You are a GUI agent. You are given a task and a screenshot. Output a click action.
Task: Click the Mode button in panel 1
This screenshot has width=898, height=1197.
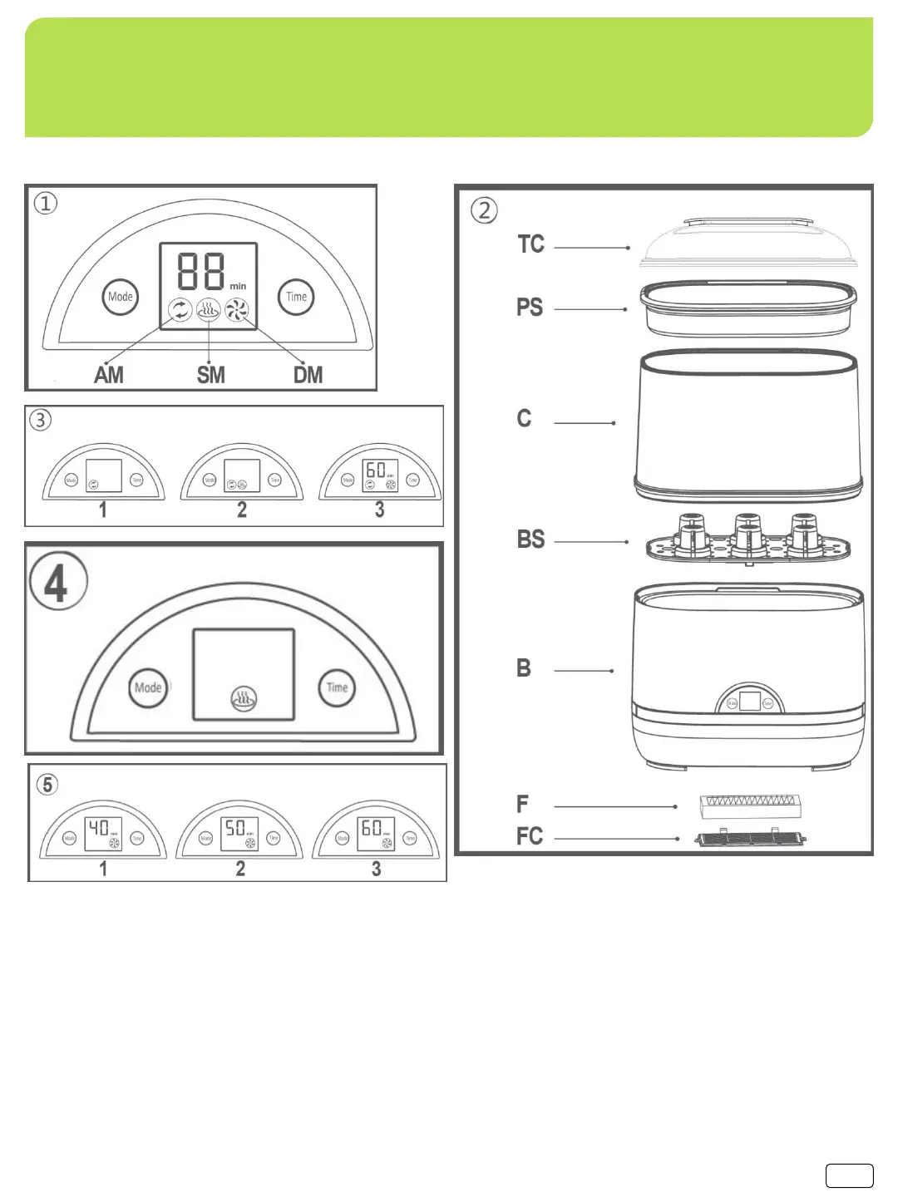(x=121, y=297)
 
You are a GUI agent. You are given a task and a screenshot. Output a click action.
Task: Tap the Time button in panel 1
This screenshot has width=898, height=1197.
(x=296, y=297)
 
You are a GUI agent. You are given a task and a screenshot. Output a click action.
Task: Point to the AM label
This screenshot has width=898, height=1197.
(x=109, y=375)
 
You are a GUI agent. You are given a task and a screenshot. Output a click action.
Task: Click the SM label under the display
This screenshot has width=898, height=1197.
(x=210, y=375)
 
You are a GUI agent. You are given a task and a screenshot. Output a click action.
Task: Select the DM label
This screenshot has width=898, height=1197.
(x=308, y=375)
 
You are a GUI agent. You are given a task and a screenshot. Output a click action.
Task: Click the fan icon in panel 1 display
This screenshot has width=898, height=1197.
(x=237, y=311)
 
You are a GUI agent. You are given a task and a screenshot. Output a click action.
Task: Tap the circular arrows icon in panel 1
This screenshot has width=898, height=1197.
(x=180, y=311)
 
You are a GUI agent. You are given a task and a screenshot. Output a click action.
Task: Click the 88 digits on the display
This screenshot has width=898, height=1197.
(x=201, y=270)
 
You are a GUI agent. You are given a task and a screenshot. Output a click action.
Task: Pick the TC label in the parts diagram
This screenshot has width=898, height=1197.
(x=530, y=244)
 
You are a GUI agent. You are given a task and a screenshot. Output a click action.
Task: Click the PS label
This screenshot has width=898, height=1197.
(x=530, y=308)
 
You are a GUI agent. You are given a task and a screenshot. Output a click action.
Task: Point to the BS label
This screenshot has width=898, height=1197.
(x=530, y=539)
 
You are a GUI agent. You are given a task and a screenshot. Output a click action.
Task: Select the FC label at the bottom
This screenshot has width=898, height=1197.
(x=530, y=836)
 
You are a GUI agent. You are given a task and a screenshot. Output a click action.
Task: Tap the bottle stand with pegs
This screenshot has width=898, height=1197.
(x=748, y=542)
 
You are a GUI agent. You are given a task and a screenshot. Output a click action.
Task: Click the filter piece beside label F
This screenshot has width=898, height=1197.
(x=750, y=804)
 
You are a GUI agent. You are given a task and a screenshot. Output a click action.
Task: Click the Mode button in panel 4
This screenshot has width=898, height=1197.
(x=148, y=688)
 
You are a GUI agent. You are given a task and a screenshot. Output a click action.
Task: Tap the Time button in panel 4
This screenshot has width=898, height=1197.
(x=337, y=688)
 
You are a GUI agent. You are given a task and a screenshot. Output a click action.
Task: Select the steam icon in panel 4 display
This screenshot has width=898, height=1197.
(x=244, y=700)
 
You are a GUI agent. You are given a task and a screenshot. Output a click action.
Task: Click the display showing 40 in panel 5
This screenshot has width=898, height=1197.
(x=103, y=833)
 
